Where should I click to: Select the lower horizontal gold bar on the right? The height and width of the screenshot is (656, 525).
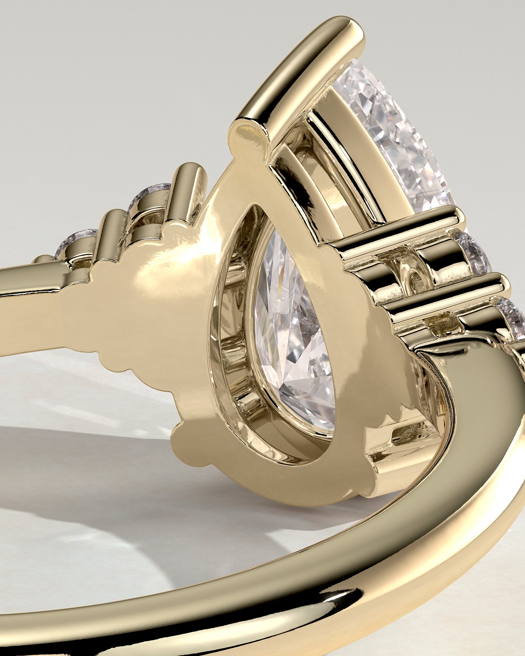447,298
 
